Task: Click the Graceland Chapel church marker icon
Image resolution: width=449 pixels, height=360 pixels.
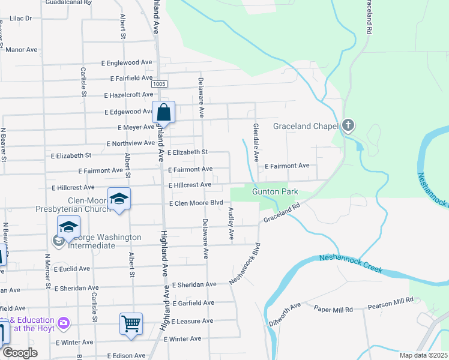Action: click(x=348, y=125)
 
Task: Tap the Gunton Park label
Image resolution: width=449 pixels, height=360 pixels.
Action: click(x=275, y=192)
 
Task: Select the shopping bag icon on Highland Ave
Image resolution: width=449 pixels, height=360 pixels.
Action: click(x=163, y=112)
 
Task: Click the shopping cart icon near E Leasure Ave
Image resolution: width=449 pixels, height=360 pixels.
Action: click(x=131, y=323)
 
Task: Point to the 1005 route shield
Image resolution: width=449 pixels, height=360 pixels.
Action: click(x=159, y=84)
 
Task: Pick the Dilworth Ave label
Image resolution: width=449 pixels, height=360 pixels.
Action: click(x=285, y=313)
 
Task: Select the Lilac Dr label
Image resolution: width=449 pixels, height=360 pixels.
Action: click(x=20, y=19)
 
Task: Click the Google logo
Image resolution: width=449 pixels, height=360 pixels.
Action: click(x=19, y=353)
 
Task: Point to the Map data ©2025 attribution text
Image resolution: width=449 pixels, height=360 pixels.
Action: click(x=423, y=355)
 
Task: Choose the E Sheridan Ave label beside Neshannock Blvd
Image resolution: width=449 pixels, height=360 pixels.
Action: click(x=194, y=284)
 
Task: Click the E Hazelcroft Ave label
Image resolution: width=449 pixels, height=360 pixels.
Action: click(x=128, y=95)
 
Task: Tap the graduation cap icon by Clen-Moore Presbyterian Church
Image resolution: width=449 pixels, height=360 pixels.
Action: click(x=119, y=199)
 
